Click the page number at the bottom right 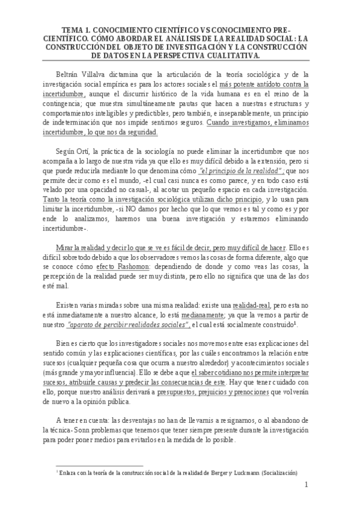(306, 485)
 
